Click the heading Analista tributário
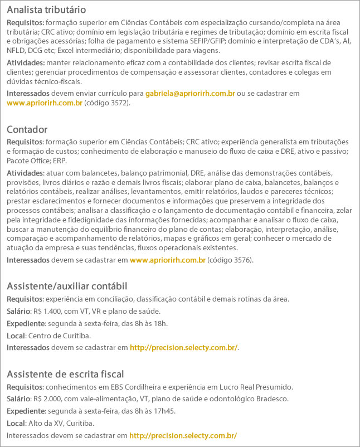[x=46, y=11]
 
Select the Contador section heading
[x=27, y=129]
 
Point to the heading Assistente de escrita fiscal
[x=65, y=373]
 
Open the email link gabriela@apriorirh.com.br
[x=190, y=94]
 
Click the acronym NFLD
[x=17, y=50]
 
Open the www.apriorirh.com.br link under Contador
[x=167, y=260]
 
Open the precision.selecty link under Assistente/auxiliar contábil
[x=184, y=348]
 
